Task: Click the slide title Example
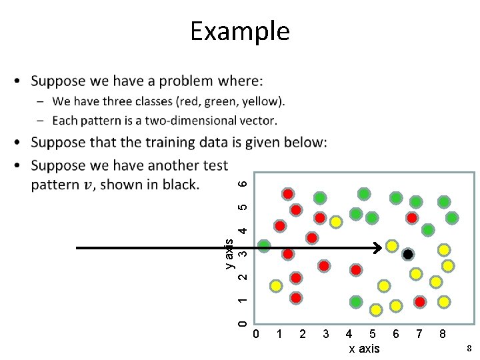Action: point(239,31)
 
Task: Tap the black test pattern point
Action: point(409,255)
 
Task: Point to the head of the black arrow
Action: point(378,249)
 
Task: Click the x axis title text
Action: point(364,349)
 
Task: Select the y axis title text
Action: point(229,253)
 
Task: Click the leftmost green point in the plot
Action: point(265,246)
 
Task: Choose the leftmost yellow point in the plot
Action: point(275,287)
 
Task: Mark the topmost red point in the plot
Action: point(288,194)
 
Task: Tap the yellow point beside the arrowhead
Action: point(392,245)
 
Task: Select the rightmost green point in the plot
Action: point(452,217)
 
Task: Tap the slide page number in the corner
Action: point(469,349)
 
